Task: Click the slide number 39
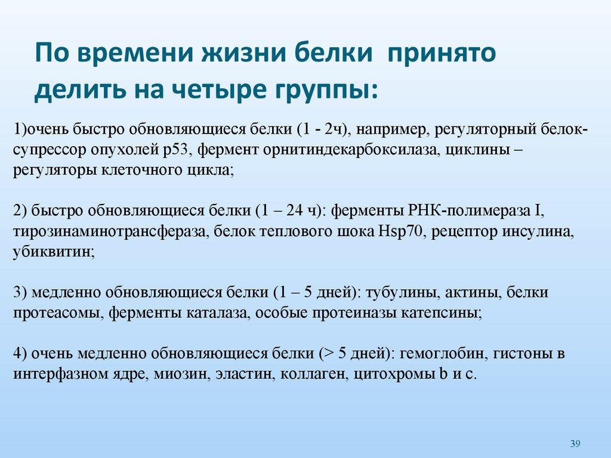click(x=575, y=443)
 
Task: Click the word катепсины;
click(x=446, y=313)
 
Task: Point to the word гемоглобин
click(x=442, y=354)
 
